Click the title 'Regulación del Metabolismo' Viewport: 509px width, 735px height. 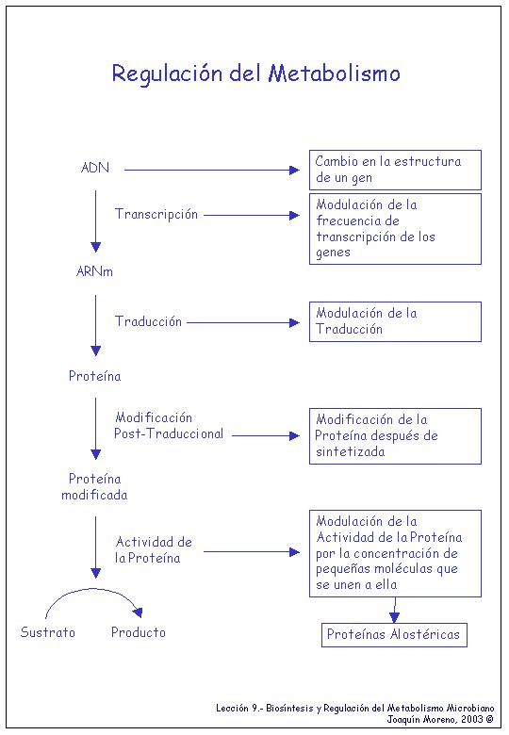tap(255, 74)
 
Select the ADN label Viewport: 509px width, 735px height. tap(94, 168)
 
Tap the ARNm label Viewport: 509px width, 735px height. tap(94, 271)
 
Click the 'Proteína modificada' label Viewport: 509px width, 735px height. tap(94, 486)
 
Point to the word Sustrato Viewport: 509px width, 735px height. tap(48, 632)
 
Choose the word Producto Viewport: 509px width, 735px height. tap(139, 632)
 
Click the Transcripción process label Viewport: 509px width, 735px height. tap(156, 215)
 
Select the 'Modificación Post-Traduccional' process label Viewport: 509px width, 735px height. tap(169, 426)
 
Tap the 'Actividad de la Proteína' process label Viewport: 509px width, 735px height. tap(154, 550)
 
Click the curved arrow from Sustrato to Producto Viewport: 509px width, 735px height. tap(93, 589)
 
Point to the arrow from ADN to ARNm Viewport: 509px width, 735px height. tap(95, 221)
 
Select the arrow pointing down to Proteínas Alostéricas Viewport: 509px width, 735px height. tap(395, 610)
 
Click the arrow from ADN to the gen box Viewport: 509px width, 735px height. tap(212, 170)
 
